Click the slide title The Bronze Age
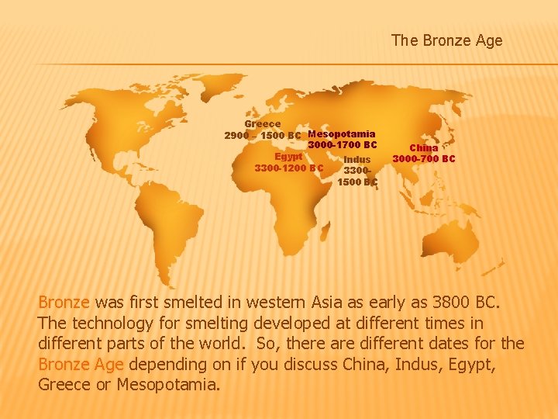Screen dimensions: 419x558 click(446, 40)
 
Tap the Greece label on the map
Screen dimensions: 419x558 click(263, 124)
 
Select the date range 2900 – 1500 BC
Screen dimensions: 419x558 click(262, 136)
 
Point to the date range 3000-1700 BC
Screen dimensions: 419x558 click(342, 145)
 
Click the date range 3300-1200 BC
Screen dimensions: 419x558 click(289, 167)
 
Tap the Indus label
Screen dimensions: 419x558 click(356, 160)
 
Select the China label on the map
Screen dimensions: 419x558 click(424, 147)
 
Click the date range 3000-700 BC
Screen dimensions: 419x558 click(424, 159)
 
